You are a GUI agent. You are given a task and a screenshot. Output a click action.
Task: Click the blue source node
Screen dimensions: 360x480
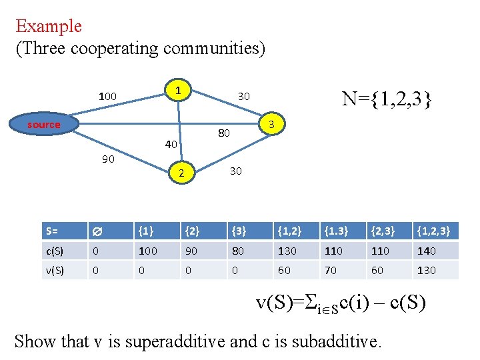(44, 125)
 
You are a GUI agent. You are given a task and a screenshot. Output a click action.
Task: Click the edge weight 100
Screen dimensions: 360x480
(107, 97)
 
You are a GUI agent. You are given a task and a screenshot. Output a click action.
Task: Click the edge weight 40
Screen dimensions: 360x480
(170, 145)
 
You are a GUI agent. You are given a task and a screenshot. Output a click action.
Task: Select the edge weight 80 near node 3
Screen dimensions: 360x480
(223, 133)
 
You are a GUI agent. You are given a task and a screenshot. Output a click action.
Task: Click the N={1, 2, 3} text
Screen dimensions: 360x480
(387, 99)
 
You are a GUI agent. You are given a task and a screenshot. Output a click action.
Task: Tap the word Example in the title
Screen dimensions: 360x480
(49, 27)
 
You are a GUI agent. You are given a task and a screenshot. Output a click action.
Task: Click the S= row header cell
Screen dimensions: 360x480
(63, 231)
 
